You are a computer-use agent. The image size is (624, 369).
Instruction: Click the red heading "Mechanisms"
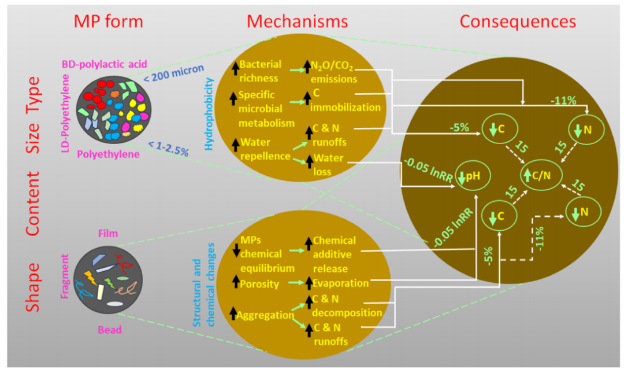pos(298,21)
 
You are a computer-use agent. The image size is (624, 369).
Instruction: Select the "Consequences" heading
pos(518,21)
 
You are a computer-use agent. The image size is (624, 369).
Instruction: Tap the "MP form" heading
pos(107,21)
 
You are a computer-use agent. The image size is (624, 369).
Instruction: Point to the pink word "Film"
pos(107,234)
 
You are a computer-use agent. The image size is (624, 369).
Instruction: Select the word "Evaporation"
pos(340,283)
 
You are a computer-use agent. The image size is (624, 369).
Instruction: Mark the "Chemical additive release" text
pos(334,253)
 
